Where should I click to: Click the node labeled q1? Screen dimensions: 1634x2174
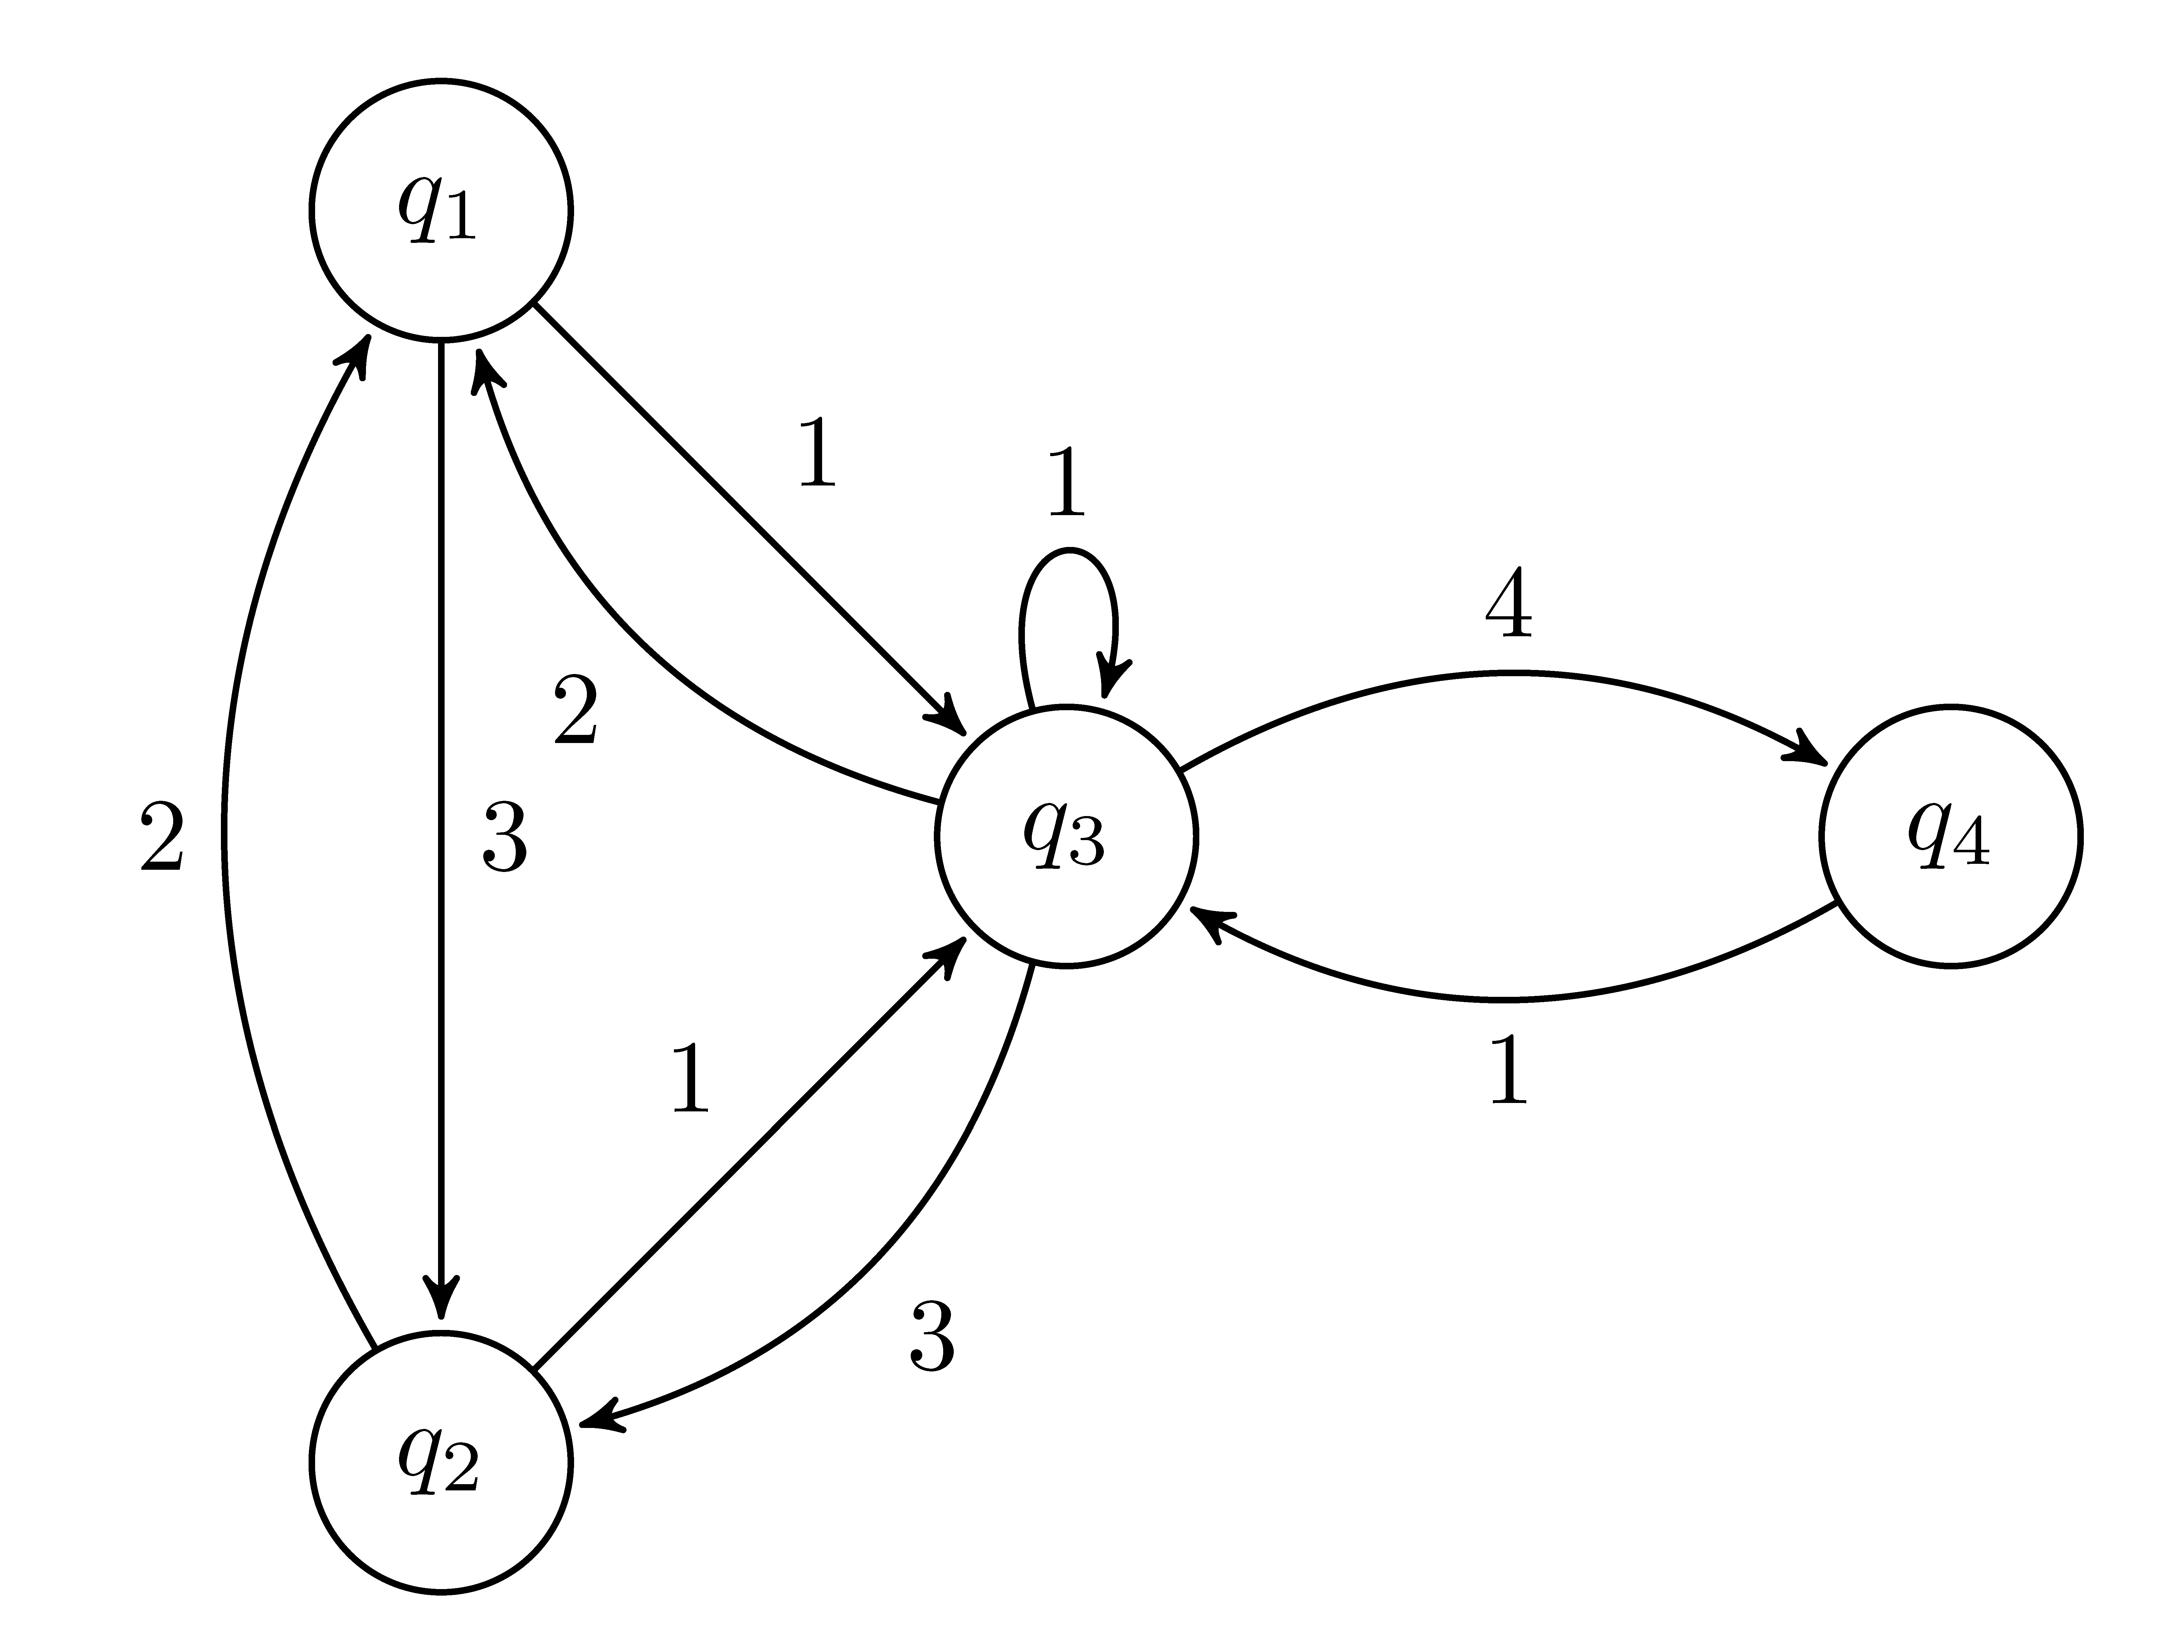pos(441,210)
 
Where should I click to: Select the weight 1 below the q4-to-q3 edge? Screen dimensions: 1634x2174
pos(1509,1070)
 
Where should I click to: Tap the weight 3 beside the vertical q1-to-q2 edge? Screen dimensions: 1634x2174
pos(504,838)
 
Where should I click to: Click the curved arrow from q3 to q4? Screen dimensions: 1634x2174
pos(1504,673)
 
